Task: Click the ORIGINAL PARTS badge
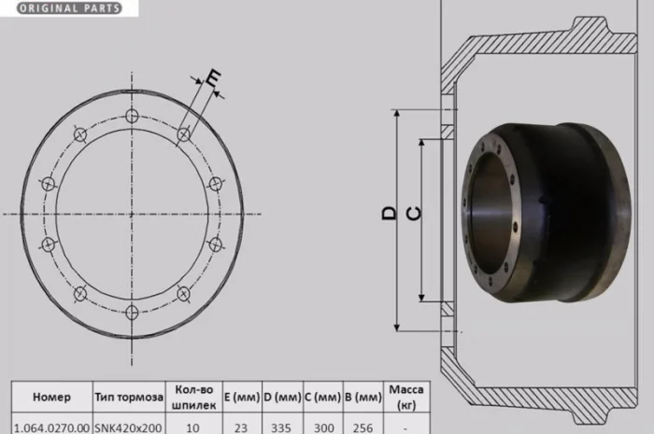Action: (69, 8)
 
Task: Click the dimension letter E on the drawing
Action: (214, 77)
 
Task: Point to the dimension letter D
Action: (390, 213)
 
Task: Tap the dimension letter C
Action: (414, 214)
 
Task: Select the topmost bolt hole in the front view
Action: (132, 116)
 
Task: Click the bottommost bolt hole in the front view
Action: (132, 312)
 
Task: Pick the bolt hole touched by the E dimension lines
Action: (183, 134)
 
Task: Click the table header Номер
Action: (51, 397)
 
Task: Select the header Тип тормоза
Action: (129, 397)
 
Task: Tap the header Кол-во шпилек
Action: (194, 397)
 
